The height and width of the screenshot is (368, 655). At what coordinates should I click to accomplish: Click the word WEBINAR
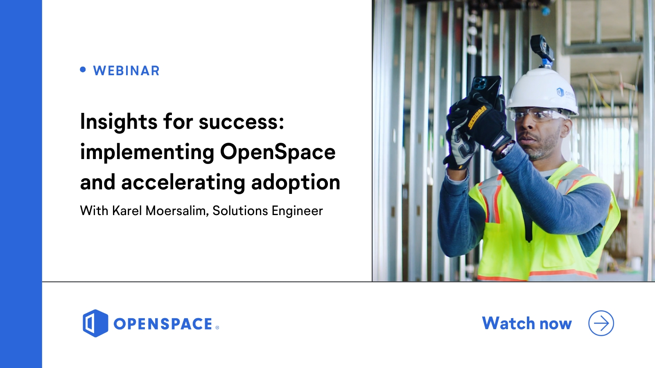tap(126, 71)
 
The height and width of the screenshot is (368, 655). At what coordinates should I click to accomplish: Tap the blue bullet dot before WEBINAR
tap(83, 70)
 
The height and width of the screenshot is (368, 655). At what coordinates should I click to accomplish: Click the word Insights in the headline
tap(119, 122)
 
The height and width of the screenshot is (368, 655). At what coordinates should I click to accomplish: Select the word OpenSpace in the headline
tap(278, 152)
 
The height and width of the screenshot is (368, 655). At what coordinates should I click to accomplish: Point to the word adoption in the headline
tap(296, 182)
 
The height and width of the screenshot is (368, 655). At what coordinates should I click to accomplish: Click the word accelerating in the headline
tap(183, 182)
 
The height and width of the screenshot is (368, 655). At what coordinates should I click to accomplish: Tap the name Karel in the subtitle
tap(127, 211)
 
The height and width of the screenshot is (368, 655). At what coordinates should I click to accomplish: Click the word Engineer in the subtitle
tap(297, 211)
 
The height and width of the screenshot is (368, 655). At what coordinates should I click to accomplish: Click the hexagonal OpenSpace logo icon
tap(95, 323)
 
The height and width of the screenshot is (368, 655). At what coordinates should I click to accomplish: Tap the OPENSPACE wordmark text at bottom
tap(163, 324)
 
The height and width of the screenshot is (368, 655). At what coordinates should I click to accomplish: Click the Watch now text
tap(527, 323)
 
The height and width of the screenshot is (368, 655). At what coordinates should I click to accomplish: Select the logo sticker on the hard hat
tap(560, 92)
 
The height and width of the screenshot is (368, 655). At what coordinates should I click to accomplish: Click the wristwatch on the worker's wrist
tap(504, 150)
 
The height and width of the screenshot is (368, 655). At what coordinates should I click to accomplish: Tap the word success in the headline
tap(241, 122)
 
